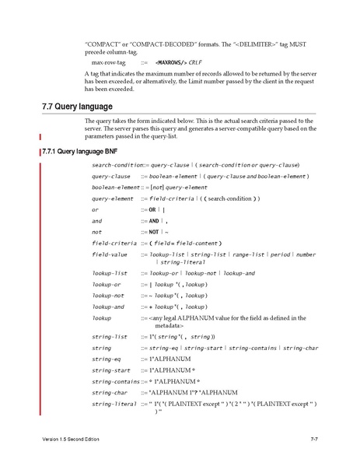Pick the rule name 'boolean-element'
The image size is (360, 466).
[x=115, y=187]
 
